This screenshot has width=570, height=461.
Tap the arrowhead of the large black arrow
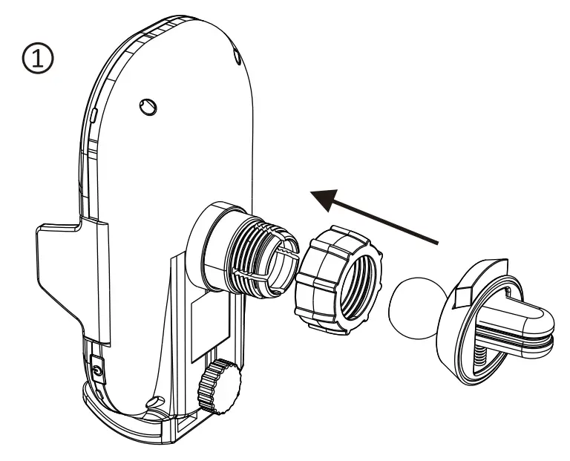(x=327, y=197)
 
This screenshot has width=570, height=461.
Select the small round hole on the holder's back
(x=148, y=108)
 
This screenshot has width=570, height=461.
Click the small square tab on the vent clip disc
(x=461, y=298)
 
